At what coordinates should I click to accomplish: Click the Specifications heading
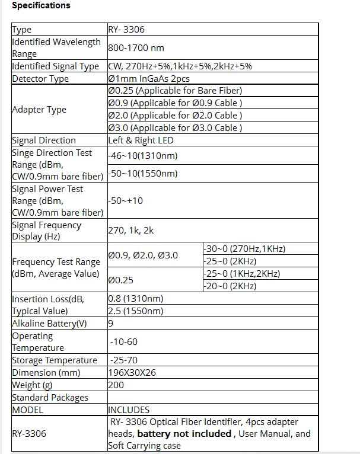point(41,5)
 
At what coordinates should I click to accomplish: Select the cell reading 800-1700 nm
point(136,48)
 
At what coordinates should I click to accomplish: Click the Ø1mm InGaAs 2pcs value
point(149,79)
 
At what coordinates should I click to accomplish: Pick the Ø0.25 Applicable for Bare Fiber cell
point(175,91)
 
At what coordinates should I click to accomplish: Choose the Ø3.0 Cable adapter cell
point(175,127)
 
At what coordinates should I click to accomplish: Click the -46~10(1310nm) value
point(143,156)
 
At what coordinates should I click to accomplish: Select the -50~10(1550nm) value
point(143,174)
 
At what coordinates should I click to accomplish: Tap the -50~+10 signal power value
point(126,201)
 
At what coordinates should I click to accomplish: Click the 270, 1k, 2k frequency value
point(130,231)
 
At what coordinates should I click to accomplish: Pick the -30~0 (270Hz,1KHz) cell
point(245,249)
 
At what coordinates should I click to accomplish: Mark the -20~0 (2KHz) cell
point(230,286)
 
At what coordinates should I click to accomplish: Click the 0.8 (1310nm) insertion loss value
point(136,299)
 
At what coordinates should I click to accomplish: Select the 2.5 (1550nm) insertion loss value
point(136,311)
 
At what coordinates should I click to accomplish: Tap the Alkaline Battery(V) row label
point(49,324)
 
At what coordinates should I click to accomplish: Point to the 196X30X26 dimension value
point(132,373)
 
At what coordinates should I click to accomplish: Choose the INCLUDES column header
point(129,410)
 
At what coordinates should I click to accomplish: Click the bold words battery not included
point(184,434)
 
